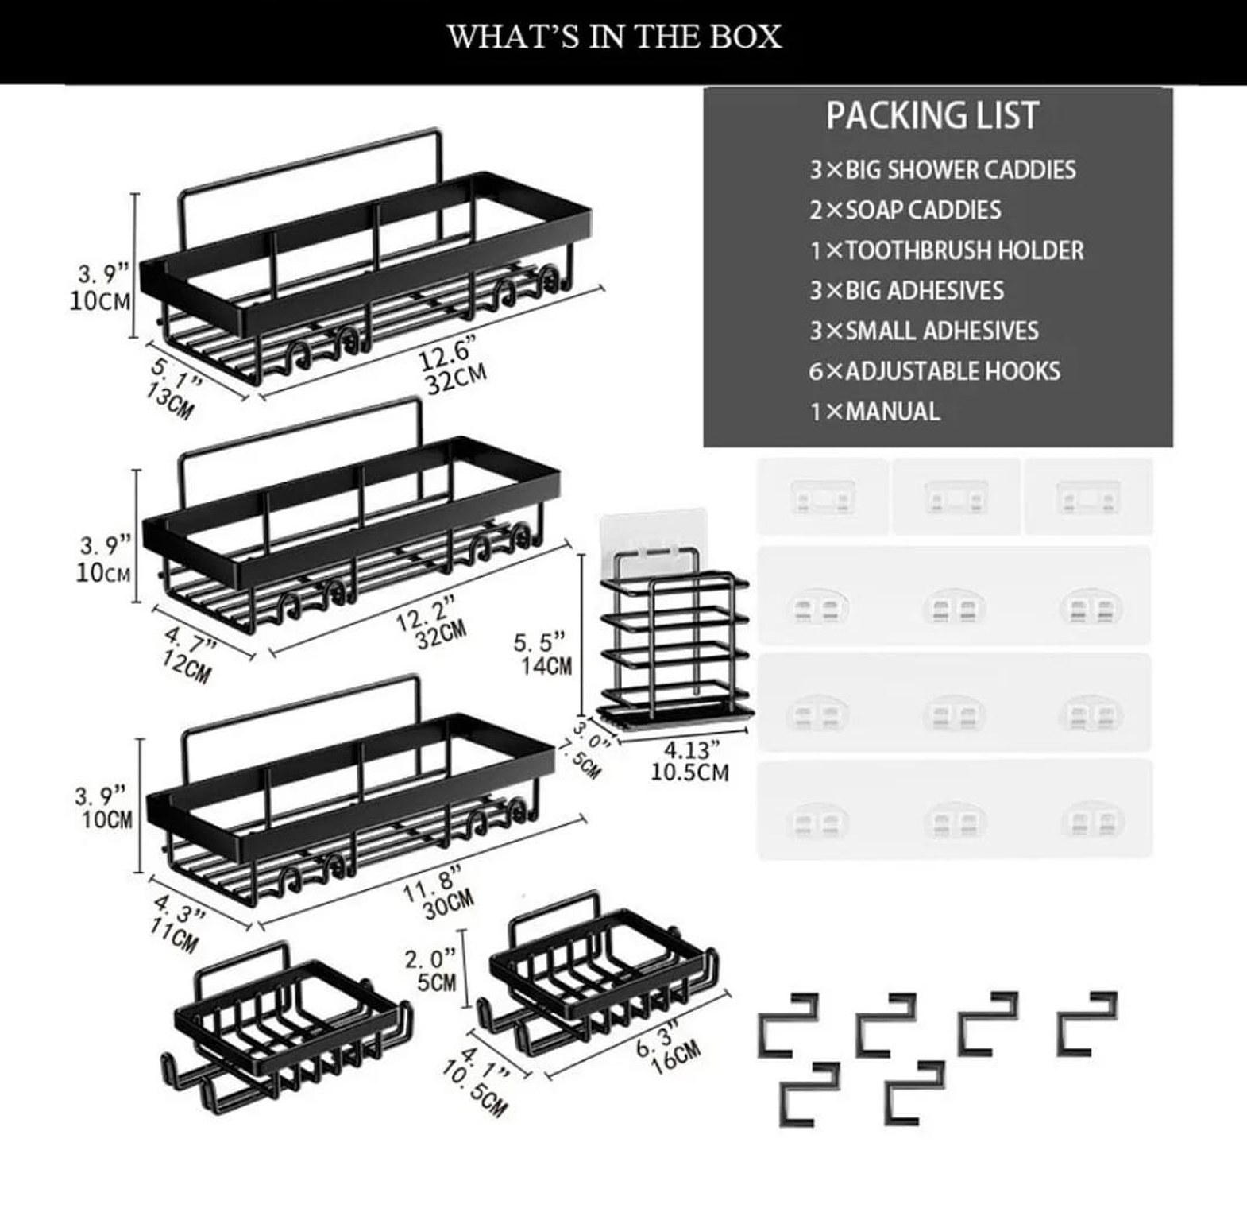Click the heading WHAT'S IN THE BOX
615,37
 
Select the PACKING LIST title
932,116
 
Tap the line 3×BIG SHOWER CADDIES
943,170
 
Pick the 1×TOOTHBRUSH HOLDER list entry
947,251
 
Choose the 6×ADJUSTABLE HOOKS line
935,371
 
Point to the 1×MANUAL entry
874,412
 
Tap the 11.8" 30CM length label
438,895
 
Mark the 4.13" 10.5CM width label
689,761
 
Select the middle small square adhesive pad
955,498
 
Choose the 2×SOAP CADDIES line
905,211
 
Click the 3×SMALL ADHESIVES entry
924,331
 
